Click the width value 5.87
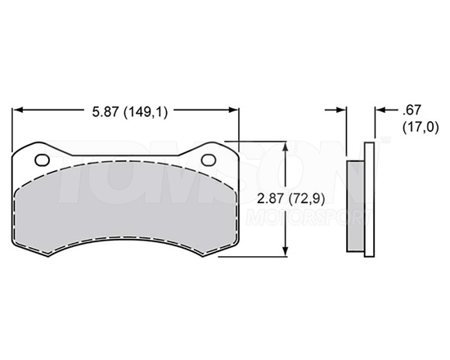coord(106,113)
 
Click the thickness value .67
coord(411,110)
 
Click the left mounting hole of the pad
coord(45,159)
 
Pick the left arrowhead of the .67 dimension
coord(343,109)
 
